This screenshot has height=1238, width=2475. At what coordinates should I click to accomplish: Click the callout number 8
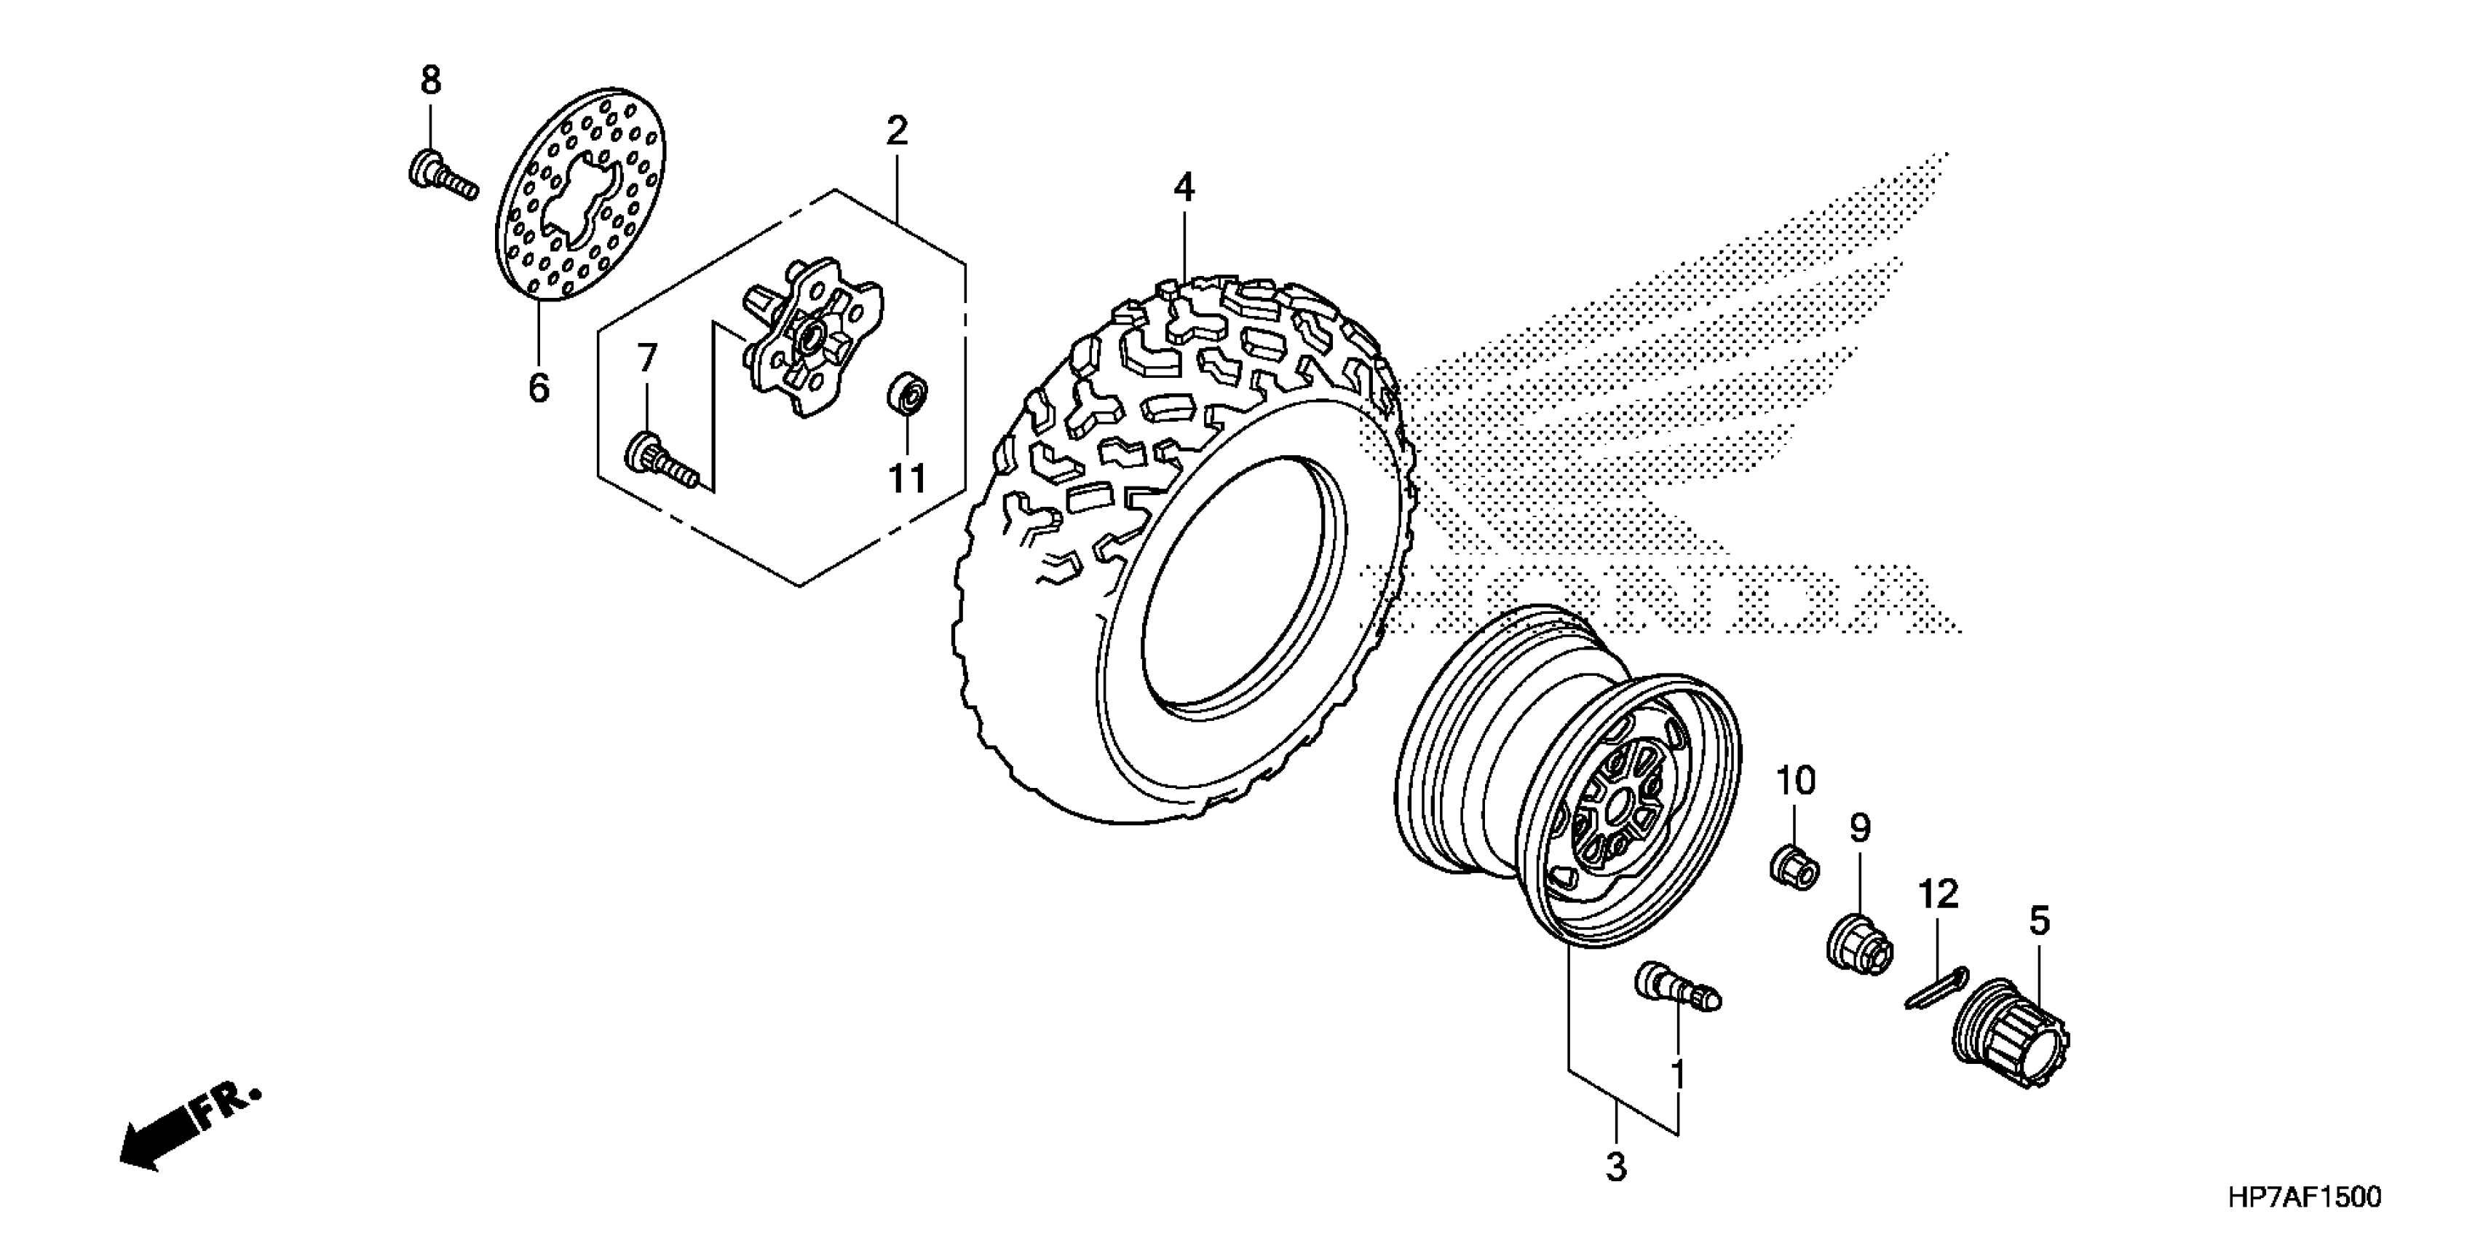[430, 80]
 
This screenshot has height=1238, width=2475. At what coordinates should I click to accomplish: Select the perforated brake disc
[584, 197]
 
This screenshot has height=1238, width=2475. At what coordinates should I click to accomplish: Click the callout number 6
[539, 387]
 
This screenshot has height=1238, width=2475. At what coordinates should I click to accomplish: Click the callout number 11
[906, 478]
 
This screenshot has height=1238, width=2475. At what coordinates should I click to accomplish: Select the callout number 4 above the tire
[1184, 187]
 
